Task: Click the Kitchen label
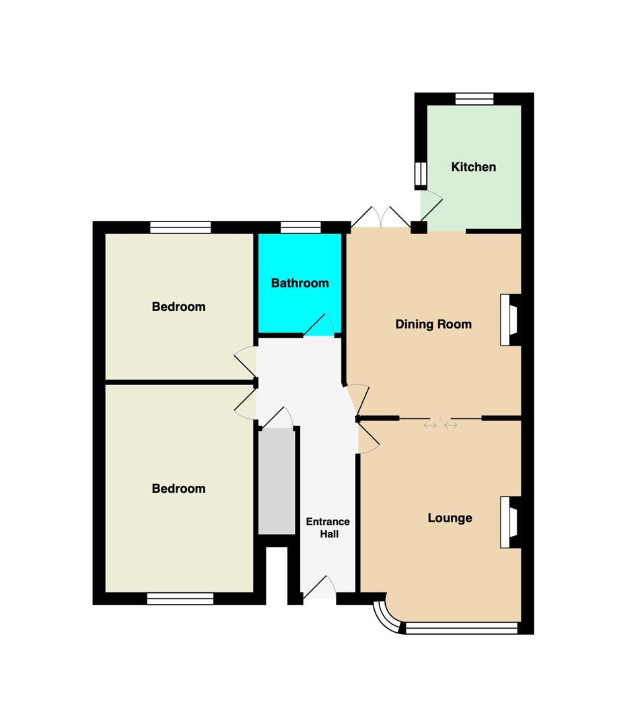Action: pyautogui.click(x=473, y=167)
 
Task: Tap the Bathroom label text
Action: pyautogui.click(x=300, y=283)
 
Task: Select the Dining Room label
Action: pyautogui.click(x=433, y=324)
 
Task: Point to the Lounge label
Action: pyautogui.click(x=450, y=518)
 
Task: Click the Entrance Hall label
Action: pyautogui.click(x=328, y=528)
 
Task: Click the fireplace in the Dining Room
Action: pyautogui.click(x=510, y=320)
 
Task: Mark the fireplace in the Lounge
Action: pyautogui.click(x=510, y=522)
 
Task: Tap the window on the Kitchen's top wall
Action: pyautogui.click(x=475, y=99)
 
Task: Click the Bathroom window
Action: pyautogui.click(x=301, y=228)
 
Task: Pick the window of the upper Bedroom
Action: pyautogui.click(x=180, y=228)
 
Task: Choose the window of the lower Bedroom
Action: pyautogui.click(x=180, y=598)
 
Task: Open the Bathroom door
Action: pyautogui.click(x=319, y=325)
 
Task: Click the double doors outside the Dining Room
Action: pyautogui.click(x=381, y=217)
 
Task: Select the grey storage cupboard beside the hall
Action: pyautogui.click(x=277, y=481)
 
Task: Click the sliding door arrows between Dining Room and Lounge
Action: pyautogui.click(x=440, y=425)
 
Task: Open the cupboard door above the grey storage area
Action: pyautogui.click(x=277, y=418)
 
